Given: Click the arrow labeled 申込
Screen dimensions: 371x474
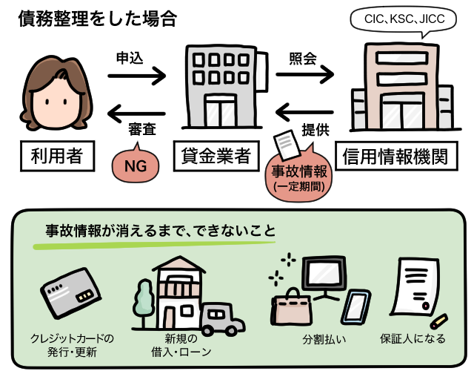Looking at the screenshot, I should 136,74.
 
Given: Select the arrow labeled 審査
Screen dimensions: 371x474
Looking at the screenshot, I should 136,114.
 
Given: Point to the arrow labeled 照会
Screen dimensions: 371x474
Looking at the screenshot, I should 304,74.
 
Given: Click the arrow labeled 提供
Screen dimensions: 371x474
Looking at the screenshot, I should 304,114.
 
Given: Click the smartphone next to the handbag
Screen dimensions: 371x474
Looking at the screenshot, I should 356,307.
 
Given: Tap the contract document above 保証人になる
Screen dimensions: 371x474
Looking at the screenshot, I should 412,289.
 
